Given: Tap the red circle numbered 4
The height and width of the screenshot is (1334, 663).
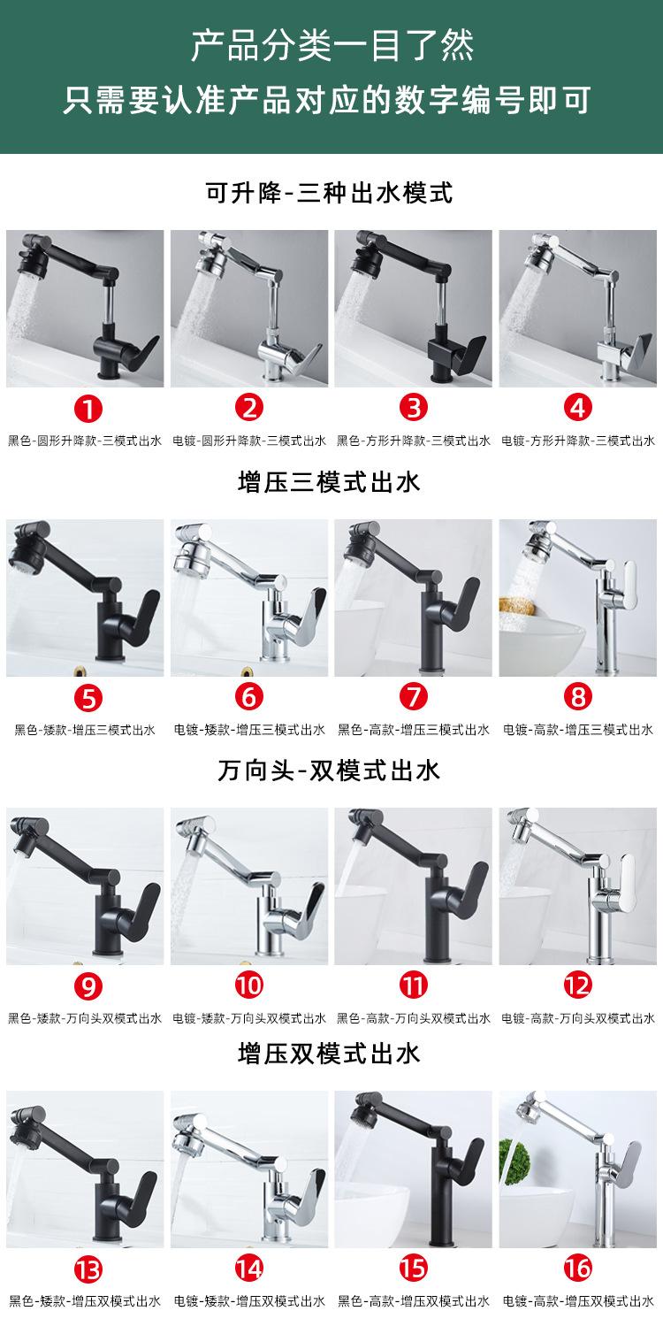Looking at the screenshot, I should tap(579, 408).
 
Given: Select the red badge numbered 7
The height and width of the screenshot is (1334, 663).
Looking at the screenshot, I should tap(414, 697).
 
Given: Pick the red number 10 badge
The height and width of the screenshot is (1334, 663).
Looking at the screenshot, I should tap(250, 985).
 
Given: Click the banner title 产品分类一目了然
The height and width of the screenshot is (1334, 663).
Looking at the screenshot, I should tap(331, 45).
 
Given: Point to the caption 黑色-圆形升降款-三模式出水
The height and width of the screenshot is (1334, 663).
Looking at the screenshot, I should tap(85, 441).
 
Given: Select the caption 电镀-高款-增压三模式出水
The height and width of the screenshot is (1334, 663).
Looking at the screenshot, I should tap(578, 730).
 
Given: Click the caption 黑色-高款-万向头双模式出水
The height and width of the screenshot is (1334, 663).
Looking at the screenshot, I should tap(414, 1018).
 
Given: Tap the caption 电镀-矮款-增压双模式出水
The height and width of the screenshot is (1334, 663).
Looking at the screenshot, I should tap(250, 1302).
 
